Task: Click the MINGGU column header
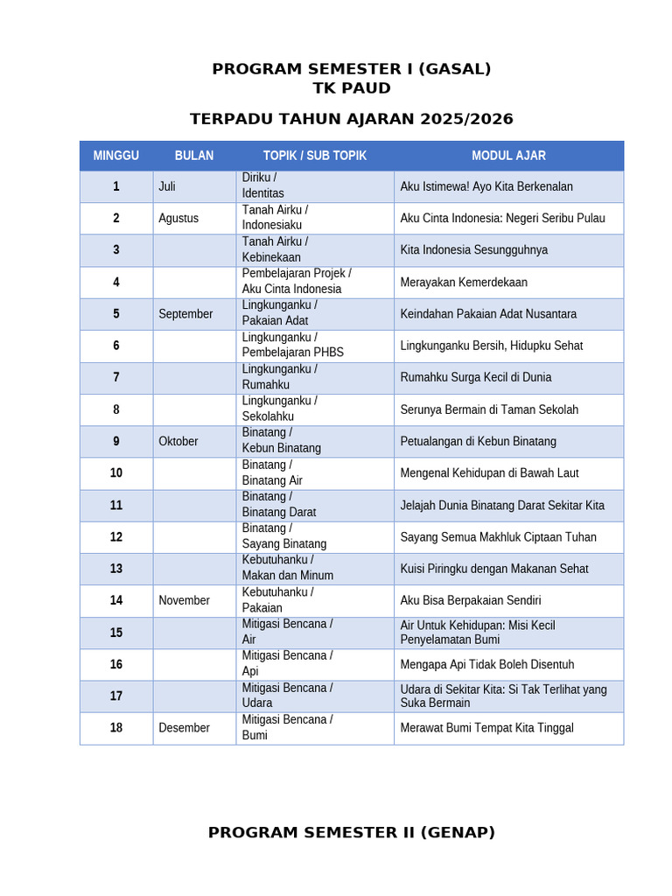pos(116,156)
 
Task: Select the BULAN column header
pos(194,156)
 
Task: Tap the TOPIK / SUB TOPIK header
pos(315,156)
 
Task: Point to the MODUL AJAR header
pos(508,156)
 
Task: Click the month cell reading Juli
pos(167,186)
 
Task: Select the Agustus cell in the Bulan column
pos(178,219)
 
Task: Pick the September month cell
pos(185,314)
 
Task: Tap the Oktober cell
pos(178,442)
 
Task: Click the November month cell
pos(184,601)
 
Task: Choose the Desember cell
pos(184,728)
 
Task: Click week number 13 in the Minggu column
pos(116,569)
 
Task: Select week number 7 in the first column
pos(116,378)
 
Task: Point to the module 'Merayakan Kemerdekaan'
pos(464,283)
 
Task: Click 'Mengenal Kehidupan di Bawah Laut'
pos(489,473)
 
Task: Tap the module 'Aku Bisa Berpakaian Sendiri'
pos(471,601)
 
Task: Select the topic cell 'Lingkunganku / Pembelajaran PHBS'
pos(293,346)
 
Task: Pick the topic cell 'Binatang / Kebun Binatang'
pos(282,441)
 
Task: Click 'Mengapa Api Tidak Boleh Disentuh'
pos(487,665)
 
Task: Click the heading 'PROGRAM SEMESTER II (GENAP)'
pos(352,833)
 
